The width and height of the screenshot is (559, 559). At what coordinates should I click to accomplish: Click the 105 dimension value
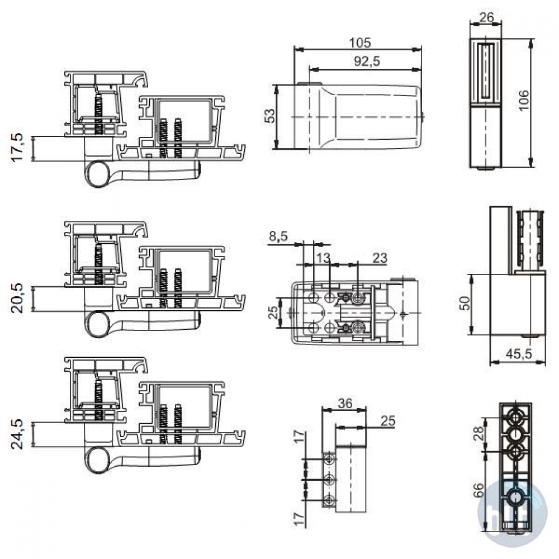(359, 42)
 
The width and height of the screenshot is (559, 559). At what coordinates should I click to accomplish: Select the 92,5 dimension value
(367, 61)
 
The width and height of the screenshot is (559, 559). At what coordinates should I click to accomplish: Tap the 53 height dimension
(270, 116)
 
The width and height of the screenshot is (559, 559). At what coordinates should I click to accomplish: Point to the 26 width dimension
(487, 17)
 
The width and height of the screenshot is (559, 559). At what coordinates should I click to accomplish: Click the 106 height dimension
(524, 100)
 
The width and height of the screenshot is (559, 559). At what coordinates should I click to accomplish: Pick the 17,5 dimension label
(17, 147)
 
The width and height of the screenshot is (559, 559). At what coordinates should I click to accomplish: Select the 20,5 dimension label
(17, 299)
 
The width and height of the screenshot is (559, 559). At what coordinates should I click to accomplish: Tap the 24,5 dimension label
(17, 434)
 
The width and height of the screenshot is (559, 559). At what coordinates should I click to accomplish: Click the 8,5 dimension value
(278, 236)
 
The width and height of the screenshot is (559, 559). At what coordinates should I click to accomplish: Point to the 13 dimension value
(323, 257)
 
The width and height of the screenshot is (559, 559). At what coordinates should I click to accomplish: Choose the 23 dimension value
(380, 257)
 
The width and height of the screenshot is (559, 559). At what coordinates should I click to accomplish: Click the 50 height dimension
(465, 304)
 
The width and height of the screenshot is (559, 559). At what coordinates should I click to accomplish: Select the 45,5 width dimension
(519, 354)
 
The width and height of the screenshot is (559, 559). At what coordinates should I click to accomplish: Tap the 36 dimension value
(345, 403)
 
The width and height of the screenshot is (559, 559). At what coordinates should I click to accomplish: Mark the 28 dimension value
(480, 433)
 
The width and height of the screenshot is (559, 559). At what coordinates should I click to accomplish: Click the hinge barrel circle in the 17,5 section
(98, 174)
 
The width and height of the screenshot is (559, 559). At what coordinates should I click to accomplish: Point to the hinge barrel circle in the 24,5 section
(98, 460)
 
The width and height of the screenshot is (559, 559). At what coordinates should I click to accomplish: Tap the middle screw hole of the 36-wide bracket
(329, 480)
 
